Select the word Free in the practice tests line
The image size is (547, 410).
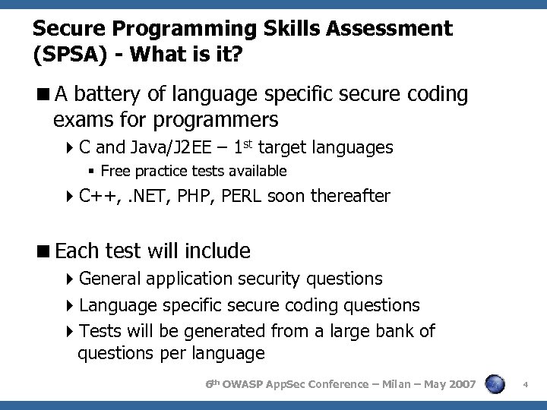click(115, 171)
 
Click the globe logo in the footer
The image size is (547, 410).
click(495, 385)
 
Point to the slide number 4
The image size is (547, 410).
click(526, 386)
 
